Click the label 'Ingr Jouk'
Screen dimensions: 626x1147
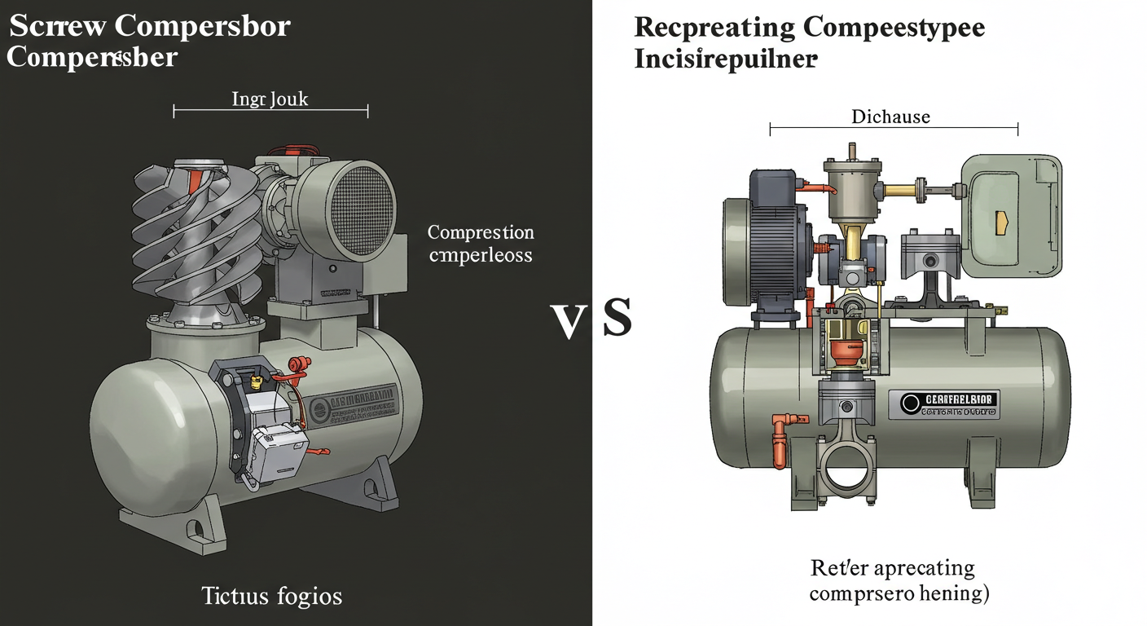270,100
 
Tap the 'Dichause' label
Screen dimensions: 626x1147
890,117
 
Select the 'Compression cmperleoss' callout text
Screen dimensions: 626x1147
481,244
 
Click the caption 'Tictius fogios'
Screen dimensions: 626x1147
271,596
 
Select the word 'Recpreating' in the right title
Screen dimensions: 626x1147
714,27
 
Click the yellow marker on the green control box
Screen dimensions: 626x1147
1002,219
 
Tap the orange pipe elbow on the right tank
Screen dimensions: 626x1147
778,427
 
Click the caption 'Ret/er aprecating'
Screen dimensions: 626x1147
892,567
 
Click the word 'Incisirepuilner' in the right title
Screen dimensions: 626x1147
725,60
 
